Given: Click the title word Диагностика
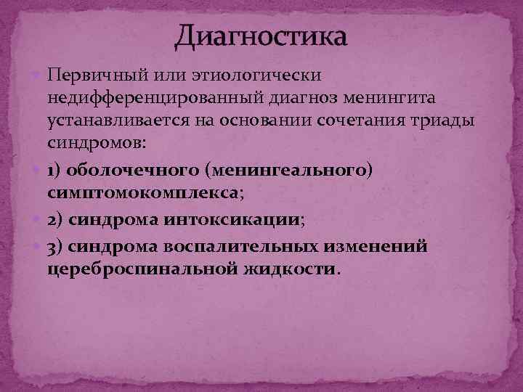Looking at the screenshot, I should (x=261, y=35).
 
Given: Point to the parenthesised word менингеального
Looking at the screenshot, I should (x=291, y=171).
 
